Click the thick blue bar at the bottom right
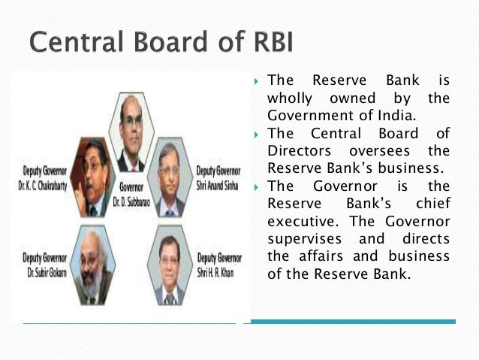[353, 322]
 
